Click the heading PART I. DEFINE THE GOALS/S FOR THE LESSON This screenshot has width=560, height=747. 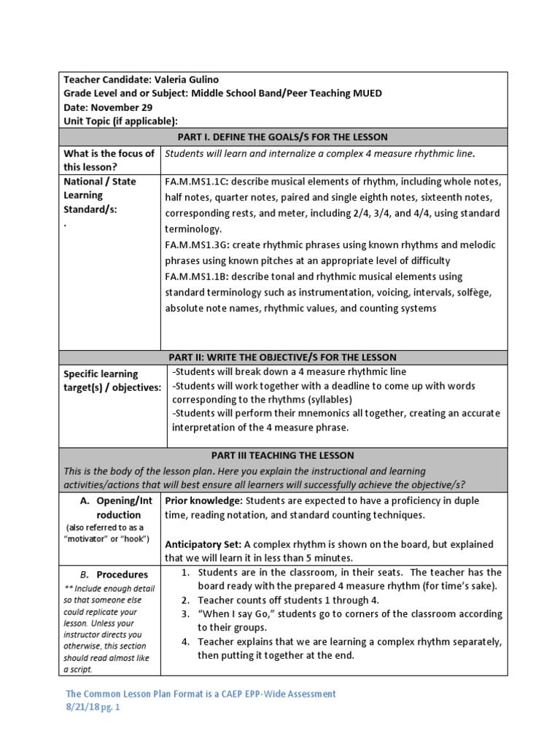point(283,136)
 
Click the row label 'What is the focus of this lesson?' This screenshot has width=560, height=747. point(109,160)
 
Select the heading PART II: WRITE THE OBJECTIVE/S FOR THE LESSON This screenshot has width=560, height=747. point(283,357)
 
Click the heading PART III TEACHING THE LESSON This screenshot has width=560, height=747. point(283,455)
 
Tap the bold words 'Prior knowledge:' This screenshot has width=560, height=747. point(204,500)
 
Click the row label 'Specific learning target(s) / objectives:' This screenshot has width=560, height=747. point(112,381)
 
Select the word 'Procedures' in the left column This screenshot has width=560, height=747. point(122,574)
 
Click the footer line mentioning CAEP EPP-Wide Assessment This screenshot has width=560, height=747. point(201,694)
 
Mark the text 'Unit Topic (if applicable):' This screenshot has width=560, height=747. point(120,121)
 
